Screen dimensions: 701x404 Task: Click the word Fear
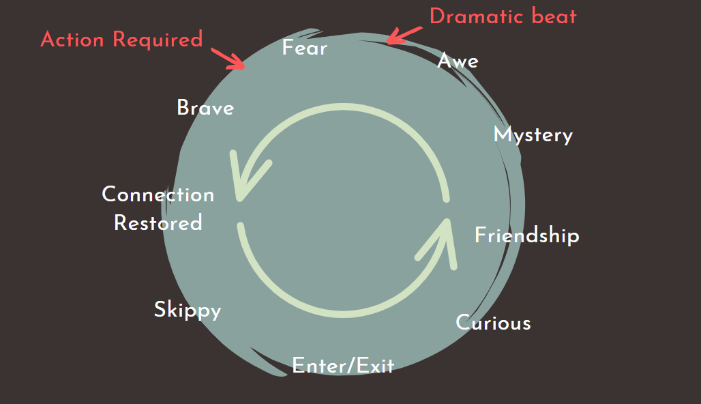[304, 48]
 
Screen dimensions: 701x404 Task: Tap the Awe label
[458, 61]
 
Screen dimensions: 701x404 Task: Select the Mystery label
[533, 134]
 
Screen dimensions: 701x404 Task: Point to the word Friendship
[526, 235]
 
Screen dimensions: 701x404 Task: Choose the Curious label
[493, 322]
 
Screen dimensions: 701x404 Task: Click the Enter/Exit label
[343, 366]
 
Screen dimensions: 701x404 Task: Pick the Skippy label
[188, 310]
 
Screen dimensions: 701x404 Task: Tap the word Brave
[205, 108]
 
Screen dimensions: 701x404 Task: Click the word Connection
[158, 194]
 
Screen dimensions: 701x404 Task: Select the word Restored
[158, 223]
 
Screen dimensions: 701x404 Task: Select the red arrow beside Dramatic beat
[403, 35]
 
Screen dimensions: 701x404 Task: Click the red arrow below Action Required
[229, 59]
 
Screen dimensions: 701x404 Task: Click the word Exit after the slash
[376, 366]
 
